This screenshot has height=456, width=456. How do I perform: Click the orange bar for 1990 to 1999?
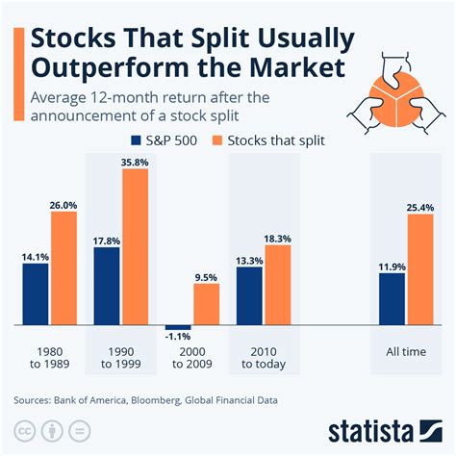[135, 248]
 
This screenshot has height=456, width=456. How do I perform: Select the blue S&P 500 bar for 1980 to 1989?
[36, 294]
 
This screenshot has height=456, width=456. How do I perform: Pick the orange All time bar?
[420, 270]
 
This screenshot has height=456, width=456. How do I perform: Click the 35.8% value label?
[135, 163]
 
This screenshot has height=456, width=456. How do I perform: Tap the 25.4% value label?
[420, 206]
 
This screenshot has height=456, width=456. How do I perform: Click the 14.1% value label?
[36, 256]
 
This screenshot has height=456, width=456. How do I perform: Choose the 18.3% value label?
[277, 238]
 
